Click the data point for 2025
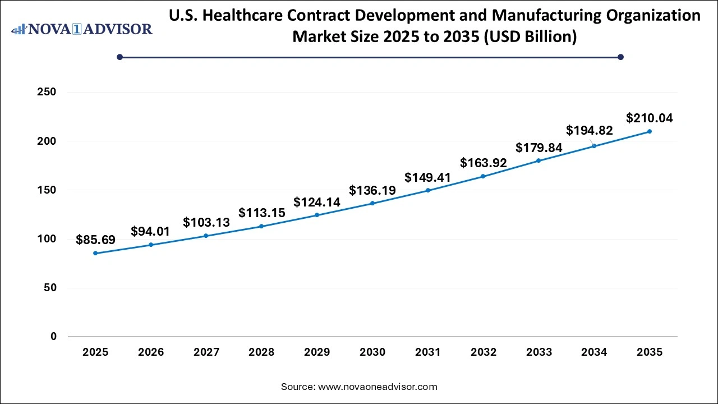[x=95, y=253]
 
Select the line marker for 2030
[x=372, y=203]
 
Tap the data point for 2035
[x=650, y=131]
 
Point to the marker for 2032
[x=483, y=176]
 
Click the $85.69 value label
[x=95, y=240]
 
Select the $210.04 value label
[x=649, y=118]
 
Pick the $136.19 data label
[x=372, y=191]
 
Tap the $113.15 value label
[x=261, y=213]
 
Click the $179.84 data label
[x=538, y=148]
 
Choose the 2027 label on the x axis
[x=206, y=352]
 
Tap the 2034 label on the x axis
[x=594, y=352]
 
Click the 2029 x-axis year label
[x=317, y=352]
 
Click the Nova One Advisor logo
[x=82, y=29]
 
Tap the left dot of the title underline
[x=119, y=57]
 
